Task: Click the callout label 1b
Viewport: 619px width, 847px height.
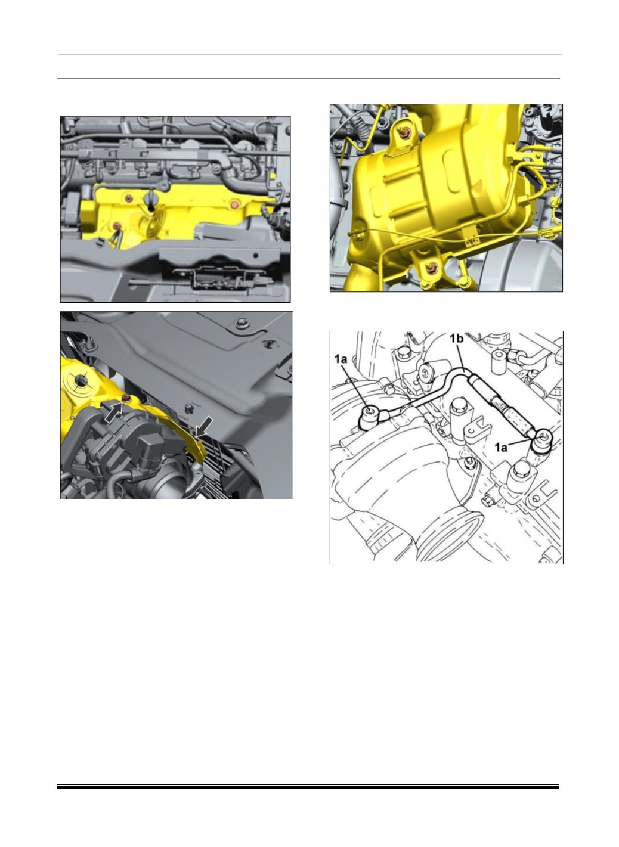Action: click(457, 339)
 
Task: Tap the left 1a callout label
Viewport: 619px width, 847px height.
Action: click(341, 359)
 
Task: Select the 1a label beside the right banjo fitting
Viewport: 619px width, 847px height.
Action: click(501, 447)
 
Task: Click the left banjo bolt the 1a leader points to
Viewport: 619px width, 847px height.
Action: click(369, 411)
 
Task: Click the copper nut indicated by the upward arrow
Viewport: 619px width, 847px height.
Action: click(126, 398)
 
